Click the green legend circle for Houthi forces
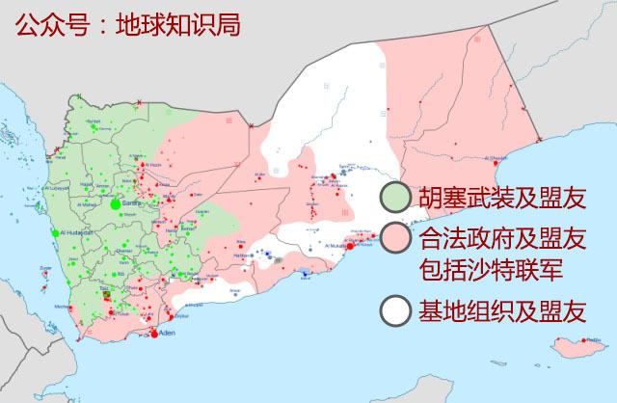tap(393, 198)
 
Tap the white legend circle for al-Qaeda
tap(393, 310)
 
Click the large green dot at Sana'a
tap(116, 204)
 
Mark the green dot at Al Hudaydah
tap(55, 233)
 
